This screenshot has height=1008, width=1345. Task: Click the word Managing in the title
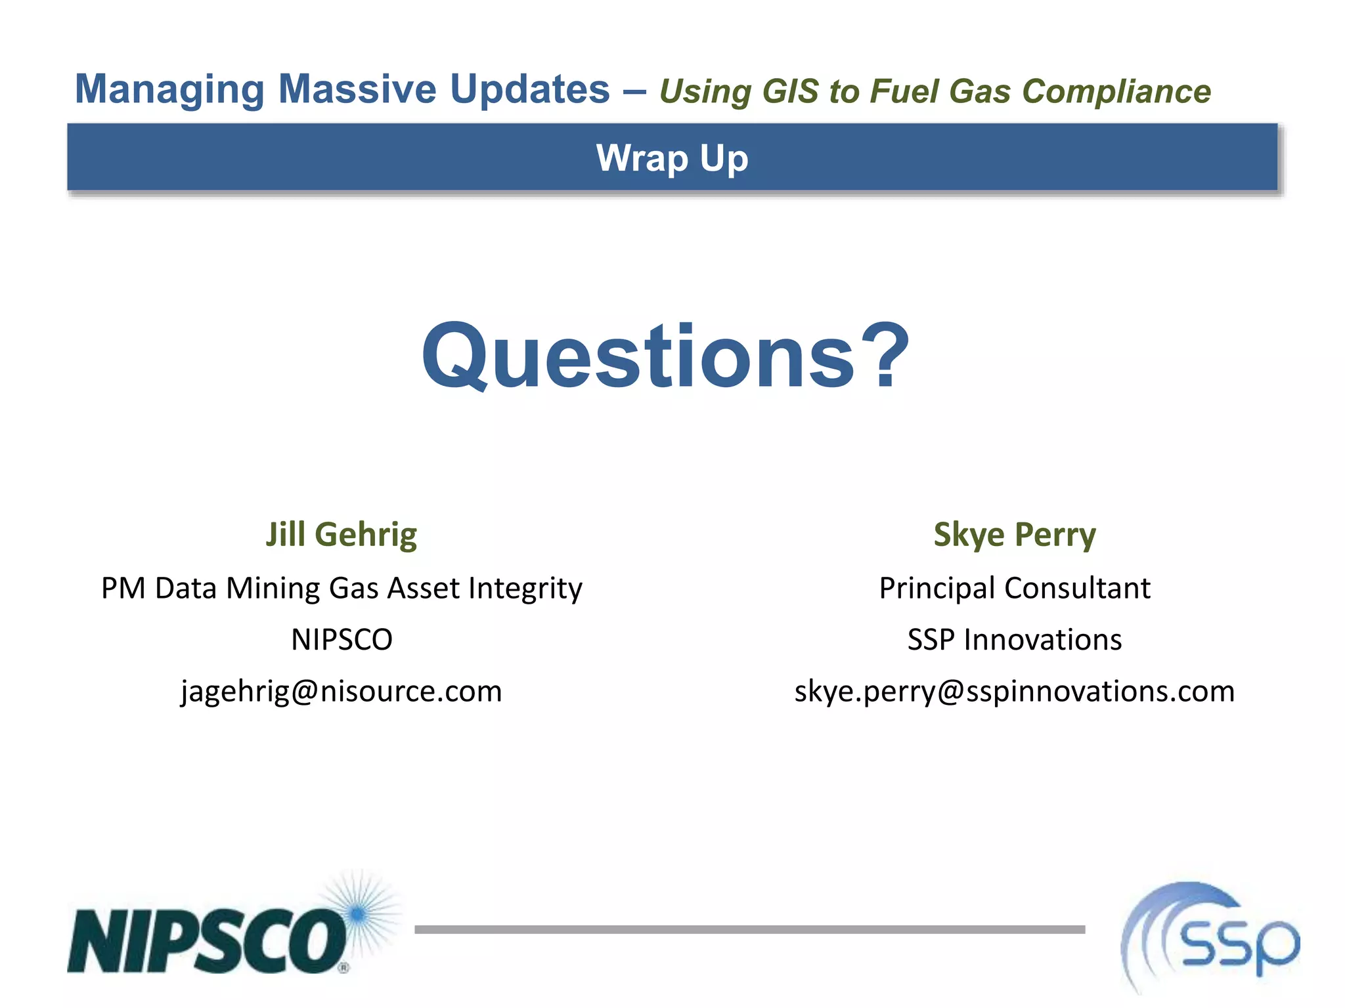click(x=169, y=90)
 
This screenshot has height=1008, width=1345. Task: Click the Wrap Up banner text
click(x=672, y=158)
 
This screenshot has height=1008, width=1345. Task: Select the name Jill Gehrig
click(x=341, y=534)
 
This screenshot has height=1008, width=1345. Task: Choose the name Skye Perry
click(x=1014, y=534)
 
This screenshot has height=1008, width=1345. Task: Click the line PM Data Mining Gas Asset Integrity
click(x=341, y=588)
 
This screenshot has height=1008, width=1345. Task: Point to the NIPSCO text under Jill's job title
click(x=341, y=639)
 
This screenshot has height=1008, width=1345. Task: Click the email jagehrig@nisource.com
click(x=341, y=691)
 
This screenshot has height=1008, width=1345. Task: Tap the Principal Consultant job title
click(x=1014, y=588)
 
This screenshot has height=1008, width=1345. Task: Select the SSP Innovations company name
click(x=1014, y=639)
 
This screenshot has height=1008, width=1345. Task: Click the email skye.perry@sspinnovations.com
click(x=1014, y=691)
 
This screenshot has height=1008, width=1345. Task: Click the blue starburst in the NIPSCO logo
click(x=358, y=913)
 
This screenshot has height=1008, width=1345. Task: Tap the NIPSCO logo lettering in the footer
click(x=207, y=940)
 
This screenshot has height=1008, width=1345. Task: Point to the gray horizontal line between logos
click(x=749, y=929)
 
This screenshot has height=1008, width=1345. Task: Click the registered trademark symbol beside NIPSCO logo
click(x=343, y=967)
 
